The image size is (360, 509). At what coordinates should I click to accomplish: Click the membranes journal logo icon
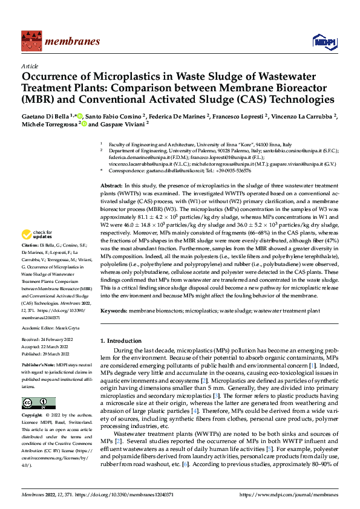pyautogui.click(x=30, y=41)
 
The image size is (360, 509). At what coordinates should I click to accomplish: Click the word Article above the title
pyautogui.click(x=30, y=66)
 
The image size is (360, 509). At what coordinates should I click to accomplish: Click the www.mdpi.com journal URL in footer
pyautogui.click(x=289, y=494)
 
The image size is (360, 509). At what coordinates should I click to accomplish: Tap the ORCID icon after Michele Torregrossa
pyautogui.click(x=84, y=124)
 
